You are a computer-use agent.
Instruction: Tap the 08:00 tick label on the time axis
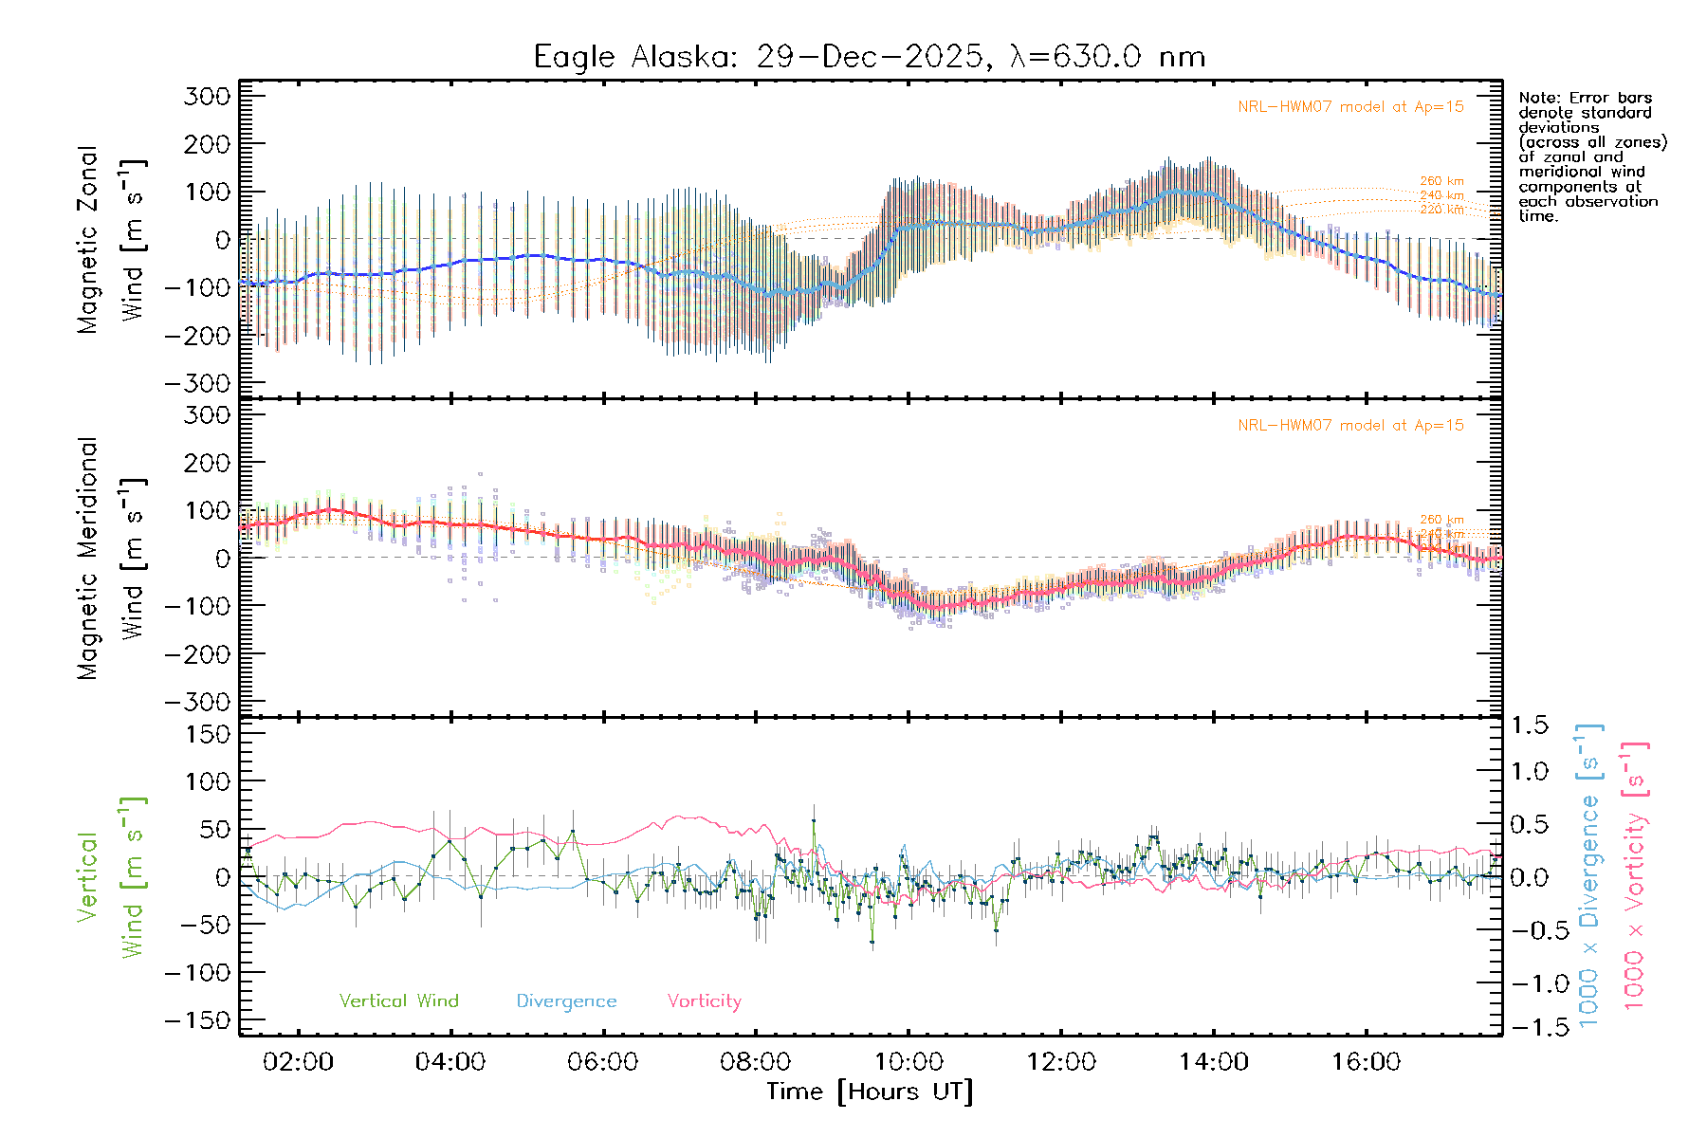[755, 1061]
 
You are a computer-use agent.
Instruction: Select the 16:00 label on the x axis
[1366, 1061]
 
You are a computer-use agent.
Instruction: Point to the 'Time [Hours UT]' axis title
[870, 1092]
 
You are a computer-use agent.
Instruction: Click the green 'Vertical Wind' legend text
[398, 1000]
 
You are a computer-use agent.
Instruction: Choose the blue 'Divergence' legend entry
[566, 1001]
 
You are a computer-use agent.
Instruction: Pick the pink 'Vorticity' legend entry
[704, 1000]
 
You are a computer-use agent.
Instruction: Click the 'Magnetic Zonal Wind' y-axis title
[112, 239]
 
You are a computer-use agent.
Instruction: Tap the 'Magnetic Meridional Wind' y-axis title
[112, 558]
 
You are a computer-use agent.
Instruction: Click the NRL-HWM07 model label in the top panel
[1350, 106]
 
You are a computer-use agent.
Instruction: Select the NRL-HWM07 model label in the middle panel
[1350, 425]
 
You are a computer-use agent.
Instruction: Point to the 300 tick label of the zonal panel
[207, 96]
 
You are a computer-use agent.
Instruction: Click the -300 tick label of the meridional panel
[197, 702]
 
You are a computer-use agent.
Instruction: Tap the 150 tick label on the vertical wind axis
[207, 734]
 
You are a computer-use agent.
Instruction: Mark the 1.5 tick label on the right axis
[1529, 725]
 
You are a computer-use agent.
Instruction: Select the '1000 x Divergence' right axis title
[1589, 875]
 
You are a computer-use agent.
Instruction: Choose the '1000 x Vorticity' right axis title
[1635, 875]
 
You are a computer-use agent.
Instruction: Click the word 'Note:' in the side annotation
[1538, 98]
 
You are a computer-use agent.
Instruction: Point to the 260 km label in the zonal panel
[1441, 181]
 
